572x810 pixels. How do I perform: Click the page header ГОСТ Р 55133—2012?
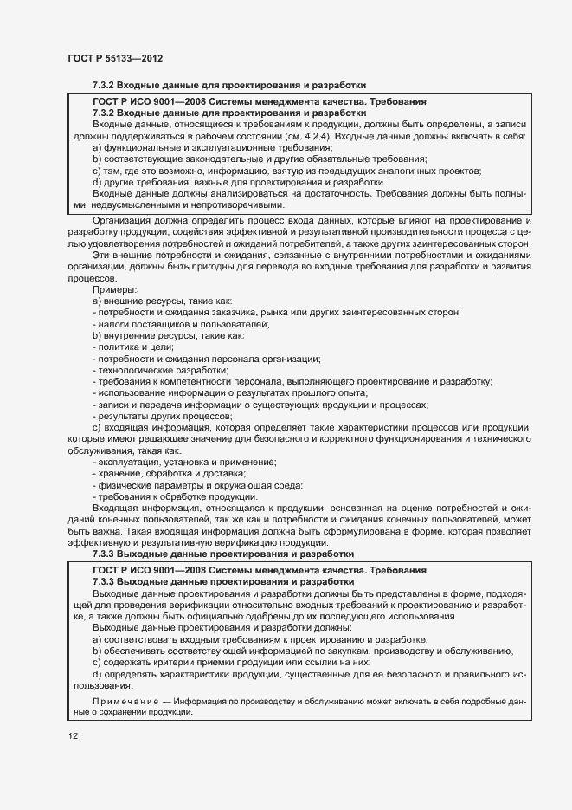pos(114,57)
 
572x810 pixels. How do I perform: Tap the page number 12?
pos(73,735)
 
